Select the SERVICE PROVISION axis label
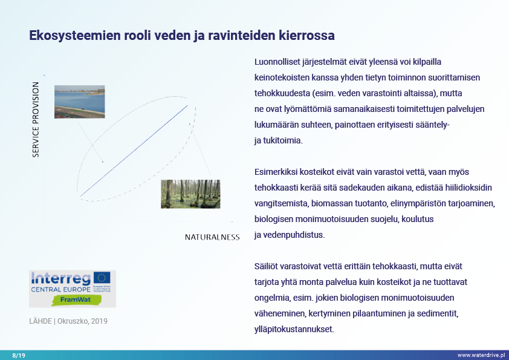(36, 120)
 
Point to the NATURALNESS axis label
(212, 237)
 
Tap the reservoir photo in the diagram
(79, 102)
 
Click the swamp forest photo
(190, 194)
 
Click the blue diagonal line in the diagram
(133, 151)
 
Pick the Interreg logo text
(60, 278)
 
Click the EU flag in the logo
(102, 278)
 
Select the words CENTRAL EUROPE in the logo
(60, 289)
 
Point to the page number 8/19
(19, 355)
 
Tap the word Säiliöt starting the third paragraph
(267, 266)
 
